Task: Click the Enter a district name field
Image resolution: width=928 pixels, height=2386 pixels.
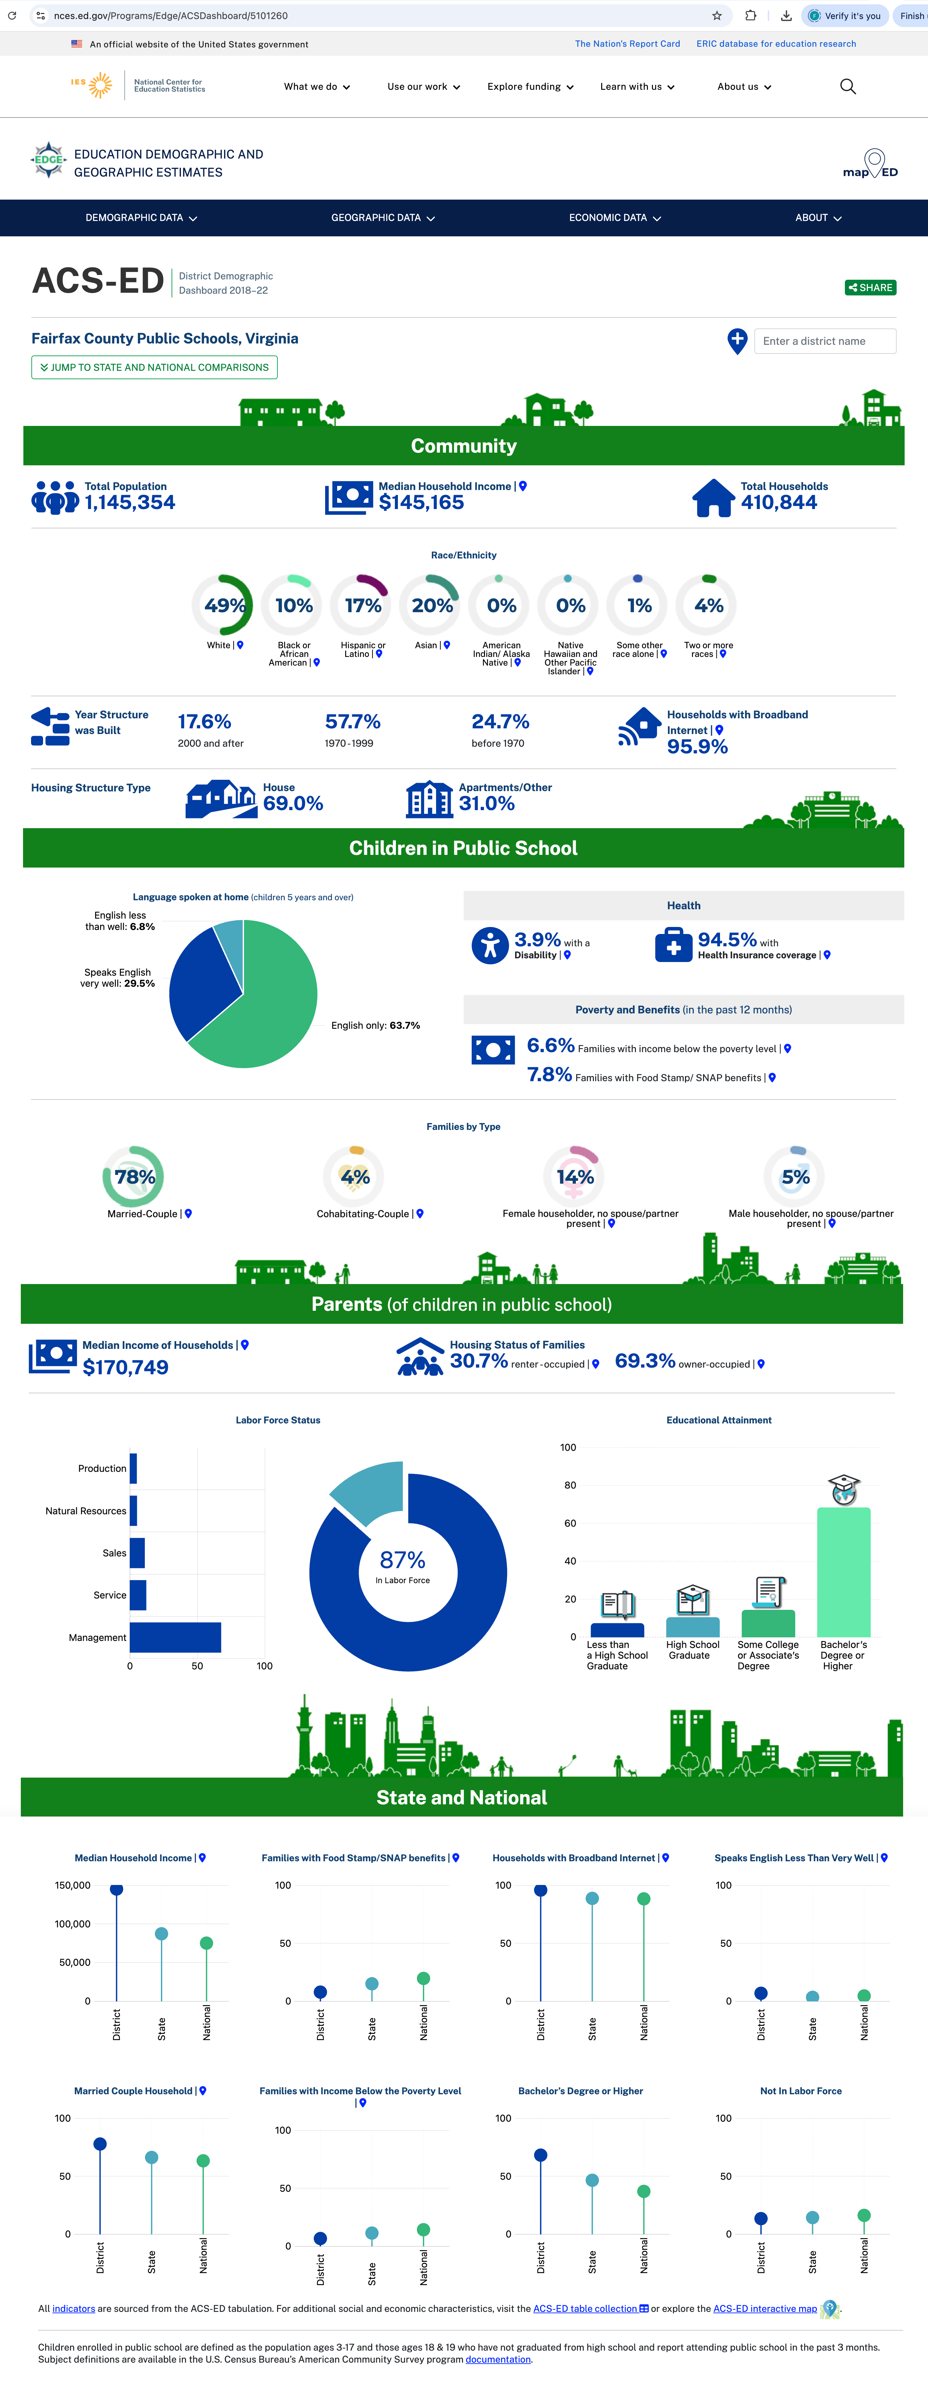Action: point(824,341)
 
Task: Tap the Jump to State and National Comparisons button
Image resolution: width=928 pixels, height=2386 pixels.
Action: point(155,368)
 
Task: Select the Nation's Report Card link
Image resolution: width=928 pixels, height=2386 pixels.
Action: point(627,43)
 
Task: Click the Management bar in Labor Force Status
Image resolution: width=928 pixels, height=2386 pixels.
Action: point(175,1638)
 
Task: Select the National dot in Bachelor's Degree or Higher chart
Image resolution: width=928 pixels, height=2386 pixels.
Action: point(644,2191)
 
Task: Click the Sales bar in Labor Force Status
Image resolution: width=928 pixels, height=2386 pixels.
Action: point(137,1553)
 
